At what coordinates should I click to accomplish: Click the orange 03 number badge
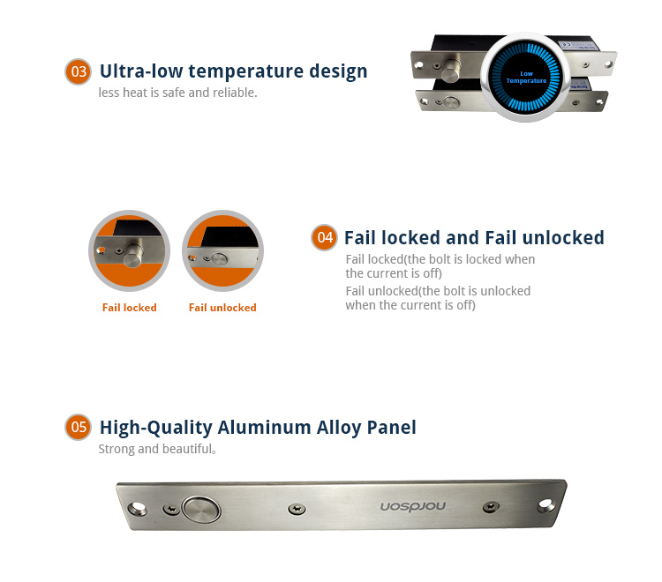[x=78, y=71]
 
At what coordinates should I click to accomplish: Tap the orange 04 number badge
[x=324, y=237]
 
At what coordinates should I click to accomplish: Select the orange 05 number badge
[x=78, y=427]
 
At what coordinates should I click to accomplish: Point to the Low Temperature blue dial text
[x=526, y=78]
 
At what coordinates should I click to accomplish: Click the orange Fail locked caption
[x=129, y=308]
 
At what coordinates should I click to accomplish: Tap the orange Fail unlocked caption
[x=222, y=308]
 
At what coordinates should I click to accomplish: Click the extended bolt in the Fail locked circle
[x=133, y=254]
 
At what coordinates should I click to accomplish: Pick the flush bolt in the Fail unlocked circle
[x=220, y=258]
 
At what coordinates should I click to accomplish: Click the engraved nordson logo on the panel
[x=413, y=506]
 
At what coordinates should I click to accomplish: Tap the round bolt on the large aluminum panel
[x=201, y=510]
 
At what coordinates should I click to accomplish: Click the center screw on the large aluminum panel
[x=297, y=509]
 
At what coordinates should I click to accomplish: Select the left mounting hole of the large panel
[x=137, y=508]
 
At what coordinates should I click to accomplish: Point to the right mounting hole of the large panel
[x=545, y=504]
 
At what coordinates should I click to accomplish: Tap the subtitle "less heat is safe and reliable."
[x=177, y=93]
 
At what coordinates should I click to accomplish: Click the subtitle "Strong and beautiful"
[x=157, y=449]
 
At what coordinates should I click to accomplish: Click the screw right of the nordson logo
[x=491, y=506]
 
